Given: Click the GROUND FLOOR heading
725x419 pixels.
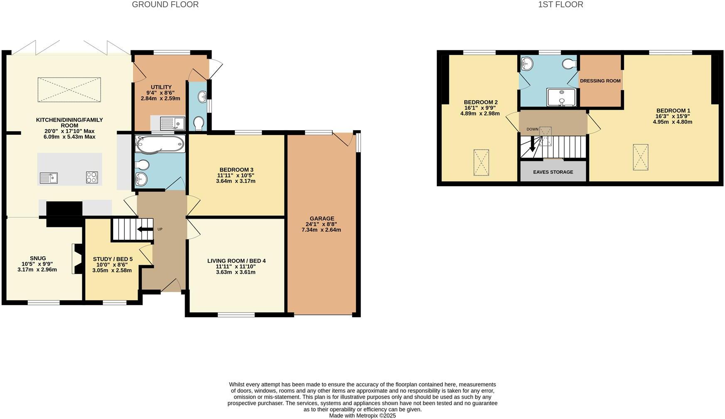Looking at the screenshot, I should click(165, 5).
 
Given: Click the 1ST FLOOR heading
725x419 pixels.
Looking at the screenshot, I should click(560, 5).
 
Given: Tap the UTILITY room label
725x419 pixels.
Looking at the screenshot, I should click(161, 87).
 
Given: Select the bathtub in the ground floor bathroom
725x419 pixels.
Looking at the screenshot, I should click(160, 144).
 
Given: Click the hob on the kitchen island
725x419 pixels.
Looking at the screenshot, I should click(92, 177).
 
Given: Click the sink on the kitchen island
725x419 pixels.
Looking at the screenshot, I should click(49, 178).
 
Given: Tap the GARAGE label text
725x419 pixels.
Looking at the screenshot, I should click(322, 219).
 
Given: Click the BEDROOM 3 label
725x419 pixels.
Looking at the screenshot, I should click(236, 170).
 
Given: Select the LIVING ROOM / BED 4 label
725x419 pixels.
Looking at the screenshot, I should click(236, 261).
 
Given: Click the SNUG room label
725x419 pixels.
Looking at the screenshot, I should click(38, 258).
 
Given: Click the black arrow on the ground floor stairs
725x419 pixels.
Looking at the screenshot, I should click(145, 229).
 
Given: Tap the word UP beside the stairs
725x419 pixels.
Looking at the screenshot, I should click(160, 229).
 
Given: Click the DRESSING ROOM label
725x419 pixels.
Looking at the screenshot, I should click(600, 81).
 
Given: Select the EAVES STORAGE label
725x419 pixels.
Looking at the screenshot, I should click(553, 172).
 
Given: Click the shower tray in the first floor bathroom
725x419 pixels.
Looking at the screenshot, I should click(561, 97).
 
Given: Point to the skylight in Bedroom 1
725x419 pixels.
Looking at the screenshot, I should click(640, 157).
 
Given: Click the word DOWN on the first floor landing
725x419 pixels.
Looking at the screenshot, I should click(532, 129).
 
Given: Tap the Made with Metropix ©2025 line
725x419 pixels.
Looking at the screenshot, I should click(362, 415).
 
